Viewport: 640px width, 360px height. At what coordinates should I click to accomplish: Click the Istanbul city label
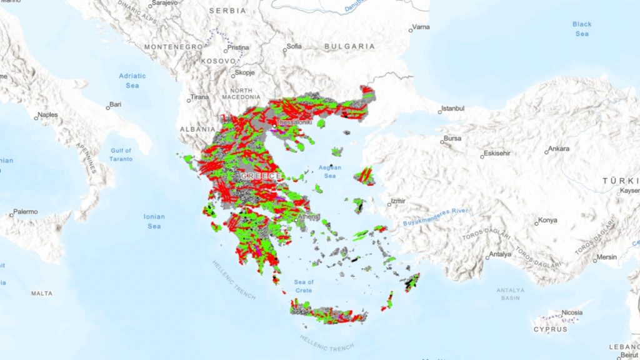point(453,108)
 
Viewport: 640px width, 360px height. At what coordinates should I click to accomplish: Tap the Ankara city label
point(558,149)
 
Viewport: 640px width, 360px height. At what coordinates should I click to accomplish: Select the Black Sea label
point(581,29)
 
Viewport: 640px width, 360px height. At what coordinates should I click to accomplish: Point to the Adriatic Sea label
point(132,81)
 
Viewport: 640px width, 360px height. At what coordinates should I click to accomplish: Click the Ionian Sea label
point(154,221)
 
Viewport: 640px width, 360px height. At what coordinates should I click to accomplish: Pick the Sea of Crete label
point(304,286)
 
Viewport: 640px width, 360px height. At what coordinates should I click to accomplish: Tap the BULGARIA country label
point(350,46)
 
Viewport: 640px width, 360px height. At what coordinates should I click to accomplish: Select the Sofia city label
point(294,46)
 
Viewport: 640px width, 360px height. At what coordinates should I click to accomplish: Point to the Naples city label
point(47,115)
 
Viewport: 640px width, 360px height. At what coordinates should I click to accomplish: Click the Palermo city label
point(26,212)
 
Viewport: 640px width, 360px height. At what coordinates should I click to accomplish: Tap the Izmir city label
point(398,201)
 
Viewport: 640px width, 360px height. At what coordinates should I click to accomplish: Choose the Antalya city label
point(500,254)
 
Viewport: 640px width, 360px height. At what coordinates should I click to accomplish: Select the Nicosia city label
point(572,312)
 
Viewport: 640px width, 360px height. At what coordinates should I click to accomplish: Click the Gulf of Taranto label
point(121,154)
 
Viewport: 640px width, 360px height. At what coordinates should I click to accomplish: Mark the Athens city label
point(308,217)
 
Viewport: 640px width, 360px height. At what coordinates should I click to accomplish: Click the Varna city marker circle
point(411,29)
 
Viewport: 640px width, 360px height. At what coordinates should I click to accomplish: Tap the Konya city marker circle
point(536,222)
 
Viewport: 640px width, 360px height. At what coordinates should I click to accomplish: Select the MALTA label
point(42,292)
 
